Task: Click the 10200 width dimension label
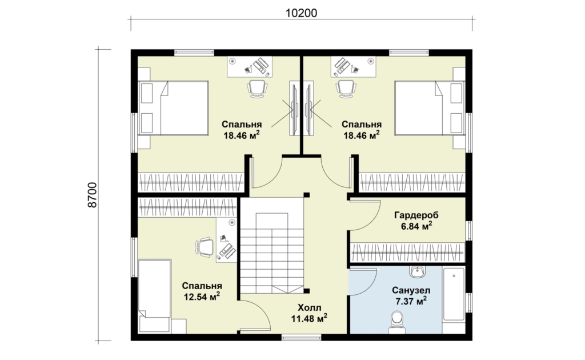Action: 301,13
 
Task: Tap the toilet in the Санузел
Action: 396,322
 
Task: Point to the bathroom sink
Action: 416,271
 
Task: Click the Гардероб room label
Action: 416,215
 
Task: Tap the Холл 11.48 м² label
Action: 309,313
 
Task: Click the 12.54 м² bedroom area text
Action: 202,297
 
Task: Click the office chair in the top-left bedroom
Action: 257,89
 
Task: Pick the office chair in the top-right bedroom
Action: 346,89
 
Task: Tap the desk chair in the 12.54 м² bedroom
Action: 204,247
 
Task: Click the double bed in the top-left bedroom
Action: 173,108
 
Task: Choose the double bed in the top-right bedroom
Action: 430,108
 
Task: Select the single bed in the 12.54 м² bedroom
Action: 154,295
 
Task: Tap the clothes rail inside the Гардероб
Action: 408,252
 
